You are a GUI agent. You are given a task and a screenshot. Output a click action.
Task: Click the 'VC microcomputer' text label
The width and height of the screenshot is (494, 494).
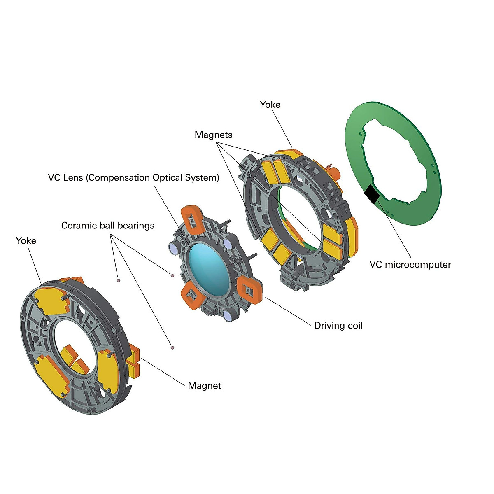(410, 264)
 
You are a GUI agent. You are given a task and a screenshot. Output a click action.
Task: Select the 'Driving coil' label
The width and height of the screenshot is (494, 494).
(338, 326)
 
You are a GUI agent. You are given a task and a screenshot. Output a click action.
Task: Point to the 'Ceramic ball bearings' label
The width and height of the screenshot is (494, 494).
(108, 226)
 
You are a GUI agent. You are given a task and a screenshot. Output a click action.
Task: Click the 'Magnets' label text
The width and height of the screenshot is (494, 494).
(214, 135)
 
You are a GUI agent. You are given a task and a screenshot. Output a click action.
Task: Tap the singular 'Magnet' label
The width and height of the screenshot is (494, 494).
(204, 386)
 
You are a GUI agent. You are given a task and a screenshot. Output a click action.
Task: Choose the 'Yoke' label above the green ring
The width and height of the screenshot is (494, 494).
(270, 105)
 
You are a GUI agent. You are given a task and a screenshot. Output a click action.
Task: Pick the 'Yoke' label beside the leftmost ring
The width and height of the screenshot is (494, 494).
(26, 241)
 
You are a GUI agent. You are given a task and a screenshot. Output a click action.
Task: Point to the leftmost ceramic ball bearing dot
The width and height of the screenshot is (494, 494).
(118, 281)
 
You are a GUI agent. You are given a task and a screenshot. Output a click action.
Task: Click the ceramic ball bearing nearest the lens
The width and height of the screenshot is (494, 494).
(172, 275)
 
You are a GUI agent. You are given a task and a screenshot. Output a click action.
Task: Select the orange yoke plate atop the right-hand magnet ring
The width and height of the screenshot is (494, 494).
(289, 154)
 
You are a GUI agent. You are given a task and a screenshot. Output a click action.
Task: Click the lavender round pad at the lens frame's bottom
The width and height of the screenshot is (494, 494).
(228, 315)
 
